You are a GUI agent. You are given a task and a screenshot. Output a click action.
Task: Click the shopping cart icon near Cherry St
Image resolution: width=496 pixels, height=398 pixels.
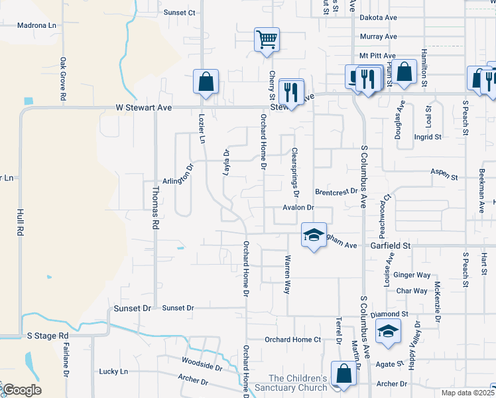pos(267,39)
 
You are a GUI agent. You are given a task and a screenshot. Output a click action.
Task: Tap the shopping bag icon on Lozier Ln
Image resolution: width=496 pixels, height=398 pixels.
pos(206,82)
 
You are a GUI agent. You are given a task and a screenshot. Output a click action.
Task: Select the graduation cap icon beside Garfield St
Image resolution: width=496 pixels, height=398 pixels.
pos(314,235)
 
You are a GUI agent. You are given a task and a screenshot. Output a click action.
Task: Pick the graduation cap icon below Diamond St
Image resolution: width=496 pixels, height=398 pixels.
pos(388,331)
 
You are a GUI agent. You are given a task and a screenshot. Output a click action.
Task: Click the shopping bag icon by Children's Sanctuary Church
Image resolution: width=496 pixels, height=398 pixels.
pos(345,374)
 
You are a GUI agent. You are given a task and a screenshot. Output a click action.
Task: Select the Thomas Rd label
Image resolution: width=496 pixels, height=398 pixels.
pos(155,208)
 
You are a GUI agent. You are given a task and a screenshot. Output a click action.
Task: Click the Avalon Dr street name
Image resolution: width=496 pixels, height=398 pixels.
pos(298,208)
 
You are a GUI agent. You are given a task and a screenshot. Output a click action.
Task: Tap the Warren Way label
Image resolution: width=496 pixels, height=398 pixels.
pos(288,274)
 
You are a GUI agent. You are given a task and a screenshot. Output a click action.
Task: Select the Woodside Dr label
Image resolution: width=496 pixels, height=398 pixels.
pos(202,364)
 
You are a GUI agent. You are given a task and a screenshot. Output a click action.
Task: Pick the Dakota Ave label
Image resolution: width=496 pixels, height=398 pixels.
pos(378,19)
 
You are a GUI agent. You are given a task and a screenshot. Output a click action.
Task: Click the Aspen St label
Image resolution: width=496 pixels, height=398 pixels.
pos(444,174)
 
